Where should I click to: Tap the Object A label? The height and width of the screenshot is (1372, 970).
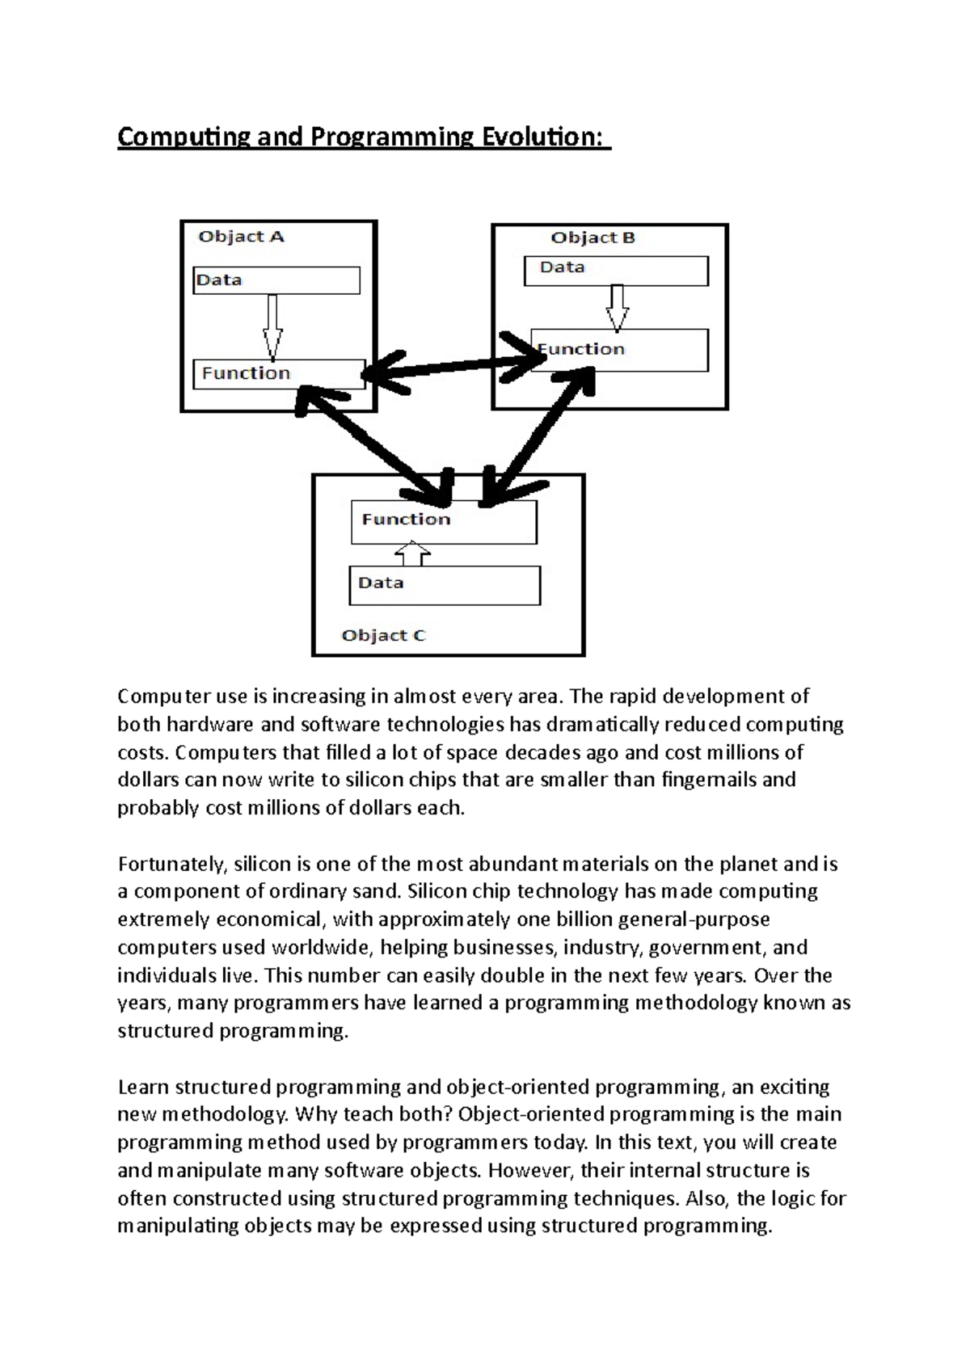tap(241, 237)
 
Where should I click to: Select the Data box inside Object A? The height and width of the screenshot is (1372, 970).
tap(276, 280)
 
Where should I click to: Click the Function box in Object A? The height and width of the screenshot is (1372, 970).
tap(279, 374)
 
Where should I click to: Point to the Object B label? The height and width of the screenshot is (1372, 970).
tap(593, 238)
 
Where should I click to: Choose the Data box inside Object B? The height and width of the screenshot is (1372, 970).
tap(616, 270)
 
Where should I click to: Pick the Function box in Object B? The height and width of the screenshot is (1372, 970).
tap(619, 350)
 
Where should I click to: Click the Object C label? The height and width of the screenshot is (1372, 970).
tap(383, 636)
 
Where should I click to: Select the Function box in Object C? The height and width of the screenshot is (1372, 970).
tap(444, 521)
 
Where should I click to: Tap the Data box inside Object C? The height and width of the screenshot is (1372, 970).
tap(444, 585)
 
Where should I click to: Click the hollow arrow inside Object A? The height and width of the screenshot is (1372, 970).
tap(272, 326)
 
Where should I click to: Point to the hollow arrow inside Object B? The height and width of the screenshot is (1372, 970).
tap(618, 307)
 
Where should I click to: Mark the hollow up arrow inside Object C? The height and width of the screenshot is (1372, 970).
tap(413, 555)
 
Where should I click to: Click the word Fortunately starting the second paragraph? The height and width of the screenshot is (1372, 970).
tap(171, 865)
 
